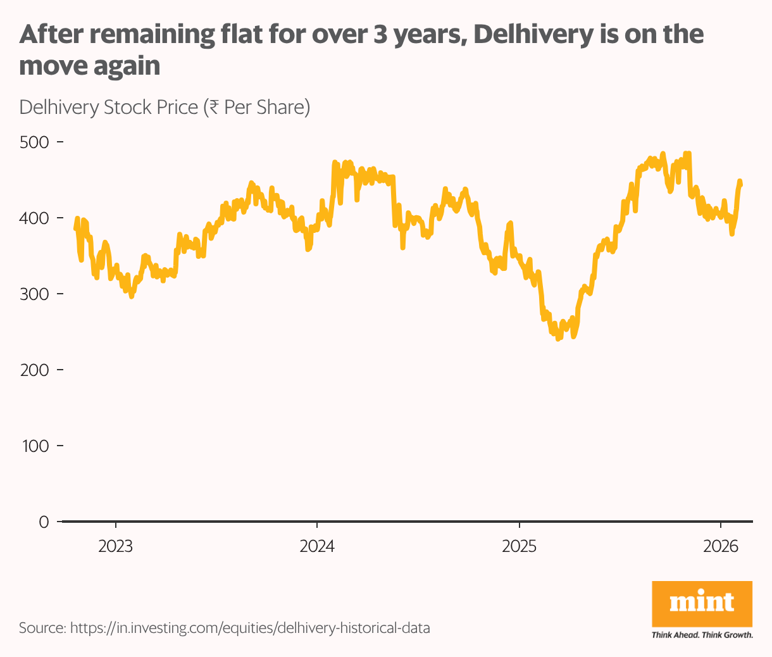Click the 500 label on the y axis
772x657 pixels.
tap(34, 142)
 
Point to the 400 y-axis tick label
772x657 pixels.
tap(34, 218)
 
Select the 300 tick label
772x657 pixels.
tap(34, 294)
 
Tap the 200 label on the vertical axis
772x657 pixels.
tap(34, 370)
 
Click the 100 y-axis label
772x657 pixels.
tap(34, 446)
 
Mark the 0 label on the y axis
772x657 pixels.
tap(44, 522)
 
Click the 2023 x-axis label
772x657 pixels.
tap(115, 546)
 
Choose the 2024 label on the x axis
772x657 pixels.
tap(317, 546)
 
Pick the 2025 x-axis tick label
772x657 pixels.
tap(519, 546)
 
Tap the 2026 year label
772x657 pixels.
tap(721, 546)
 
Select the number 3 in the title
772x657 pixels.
tap(380, 34)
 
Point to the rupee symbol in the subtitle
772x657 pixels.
tap(215, 107)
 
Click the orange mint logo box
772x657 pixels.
tap(702, 603)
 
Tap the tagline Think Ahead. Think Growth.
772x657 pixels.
tap(702, 635)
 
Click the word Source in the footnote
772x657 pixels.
tap(42, 629)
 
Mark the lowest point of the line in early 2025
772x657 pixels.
tap(557, 339)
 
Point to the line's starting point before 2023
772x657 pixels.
tap(75, 229)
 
